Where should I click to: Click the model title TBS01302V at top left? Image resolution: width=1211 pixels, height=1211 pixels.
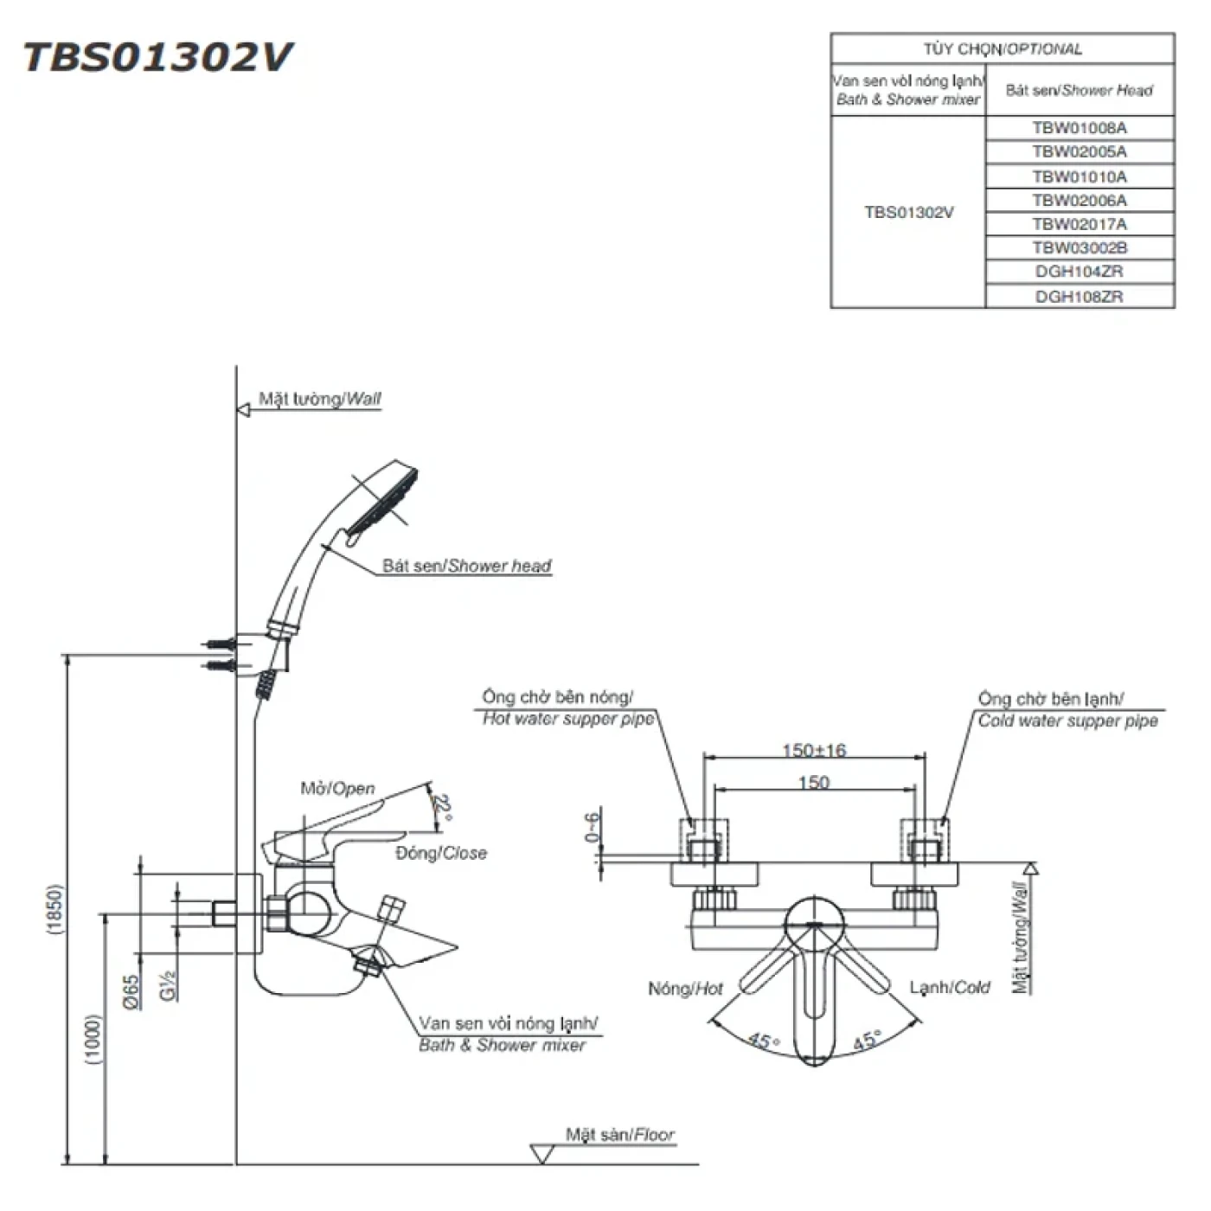(157, 57)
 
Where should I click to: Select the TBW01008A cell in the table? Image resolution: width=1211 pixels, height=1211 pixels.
(1080, 128)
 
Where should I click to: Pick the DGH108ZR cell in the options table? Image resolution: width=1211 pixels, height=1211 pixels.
(1080, 296)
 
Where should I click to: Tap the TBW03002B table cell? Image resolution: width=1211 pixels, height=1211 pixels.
(1080, 247)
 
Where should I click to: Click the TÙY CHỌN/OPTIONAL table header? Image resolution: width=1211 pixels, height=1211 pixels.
(1003, 49)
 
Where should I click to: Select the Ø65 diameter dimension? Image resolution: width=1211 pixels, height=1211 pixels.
(131, 992)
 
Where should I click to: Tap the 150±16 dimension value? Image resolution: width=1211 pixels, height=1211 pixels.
(814, 750)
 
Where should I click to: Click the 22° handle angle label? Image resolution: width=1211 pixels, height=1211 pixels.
(443, 808)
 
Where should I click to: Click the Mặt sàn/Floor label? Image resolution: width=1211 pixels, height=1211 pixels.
(620, 1134)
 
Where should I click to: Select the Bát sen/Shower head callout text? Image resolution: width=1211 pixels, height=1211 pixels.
(466, 566)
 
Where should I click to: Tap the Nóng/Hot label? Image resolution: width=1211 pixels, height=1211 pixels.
(685, 988)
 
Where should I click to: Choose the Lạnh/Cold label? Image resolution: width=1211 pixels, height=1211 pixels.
(950, 987)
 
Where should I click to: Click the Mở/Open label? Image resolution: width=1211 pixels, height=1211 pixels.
(337, 788)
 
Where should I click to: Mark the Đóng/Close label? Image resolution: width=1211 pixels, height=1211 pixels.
(441, 853)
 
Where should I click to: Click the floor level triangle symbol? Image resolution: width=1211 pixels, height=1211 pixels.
(542, 1153)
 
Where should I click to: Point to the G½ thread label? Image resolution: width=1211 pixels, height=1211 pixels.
(169, 984)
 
